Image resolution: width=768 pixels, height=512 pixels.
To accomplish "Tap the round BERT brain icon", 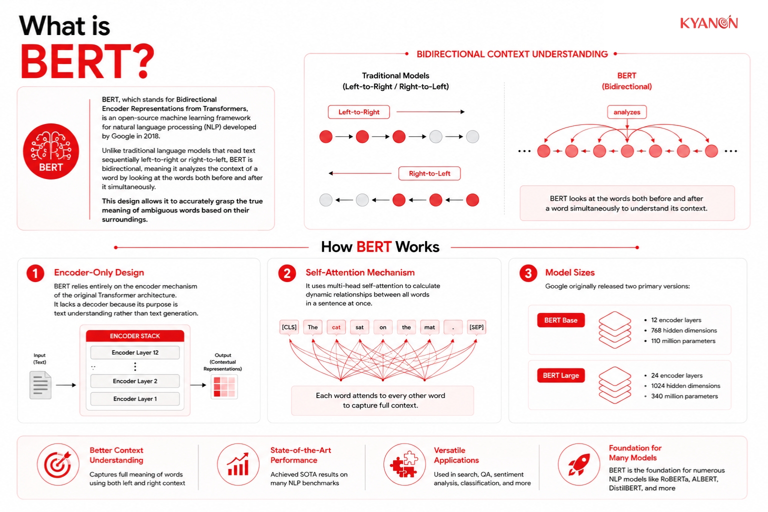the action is click(x=51, y=151).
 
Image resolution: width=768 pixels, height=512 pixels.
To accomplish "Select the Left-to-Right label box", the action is click(x=358, y=112).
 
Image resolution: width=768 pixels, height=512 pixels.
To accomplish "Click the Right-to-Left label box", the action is click(x=429, y=173).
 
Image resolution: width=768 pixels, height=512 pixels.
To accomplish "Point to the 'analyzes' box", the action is click(x=626, y=112).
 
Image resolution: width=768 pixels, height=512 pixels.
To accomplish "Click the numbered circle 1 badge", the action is click(x=35, y=273).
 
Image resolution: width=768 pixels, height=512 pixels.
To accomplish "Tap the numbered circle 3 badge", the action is click(x=528, y=273).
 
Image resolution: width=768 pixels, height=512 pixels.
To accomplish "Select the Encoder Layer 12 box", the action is click(x=135, y=352).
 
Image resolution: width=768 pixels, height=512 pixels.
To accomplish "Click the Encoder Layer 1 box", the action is click(x=135, y=399).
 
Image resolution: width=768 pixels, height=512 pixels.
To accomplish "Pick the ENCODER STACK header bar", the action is click(x=135, y=335).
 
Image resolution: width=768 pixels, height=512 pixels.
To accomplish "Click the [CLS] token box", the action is click(x=289, y=327).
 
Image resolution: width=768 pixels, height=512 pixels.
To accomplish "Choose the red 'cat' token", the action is click(x=336, y=327).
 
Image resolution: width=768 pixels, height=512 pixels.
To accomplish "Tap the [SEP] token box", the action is click(x=476, y=327).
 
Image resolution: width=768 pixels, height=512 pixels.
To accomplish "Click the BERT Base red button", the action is click(x=561, y=320).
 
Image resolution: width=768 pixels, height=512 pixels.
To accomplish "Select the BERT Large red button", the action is click(x=561, y=375).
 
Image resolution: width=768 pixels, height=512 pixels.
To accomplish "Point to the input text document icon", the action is click(x=40, y=385).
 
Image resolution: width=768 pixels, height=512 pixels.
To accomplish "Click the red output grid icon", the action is click(x=224, y=387).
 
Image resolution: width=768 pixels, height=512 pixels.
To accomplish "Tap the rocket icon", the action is click(x=579, y=464).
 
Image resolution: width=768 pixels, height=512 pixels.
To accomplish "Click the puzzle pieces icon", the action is click(x=404, y=464).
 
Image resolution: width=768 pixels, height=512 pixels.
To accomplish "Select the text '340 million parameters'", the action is click(x=684, y=396).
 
